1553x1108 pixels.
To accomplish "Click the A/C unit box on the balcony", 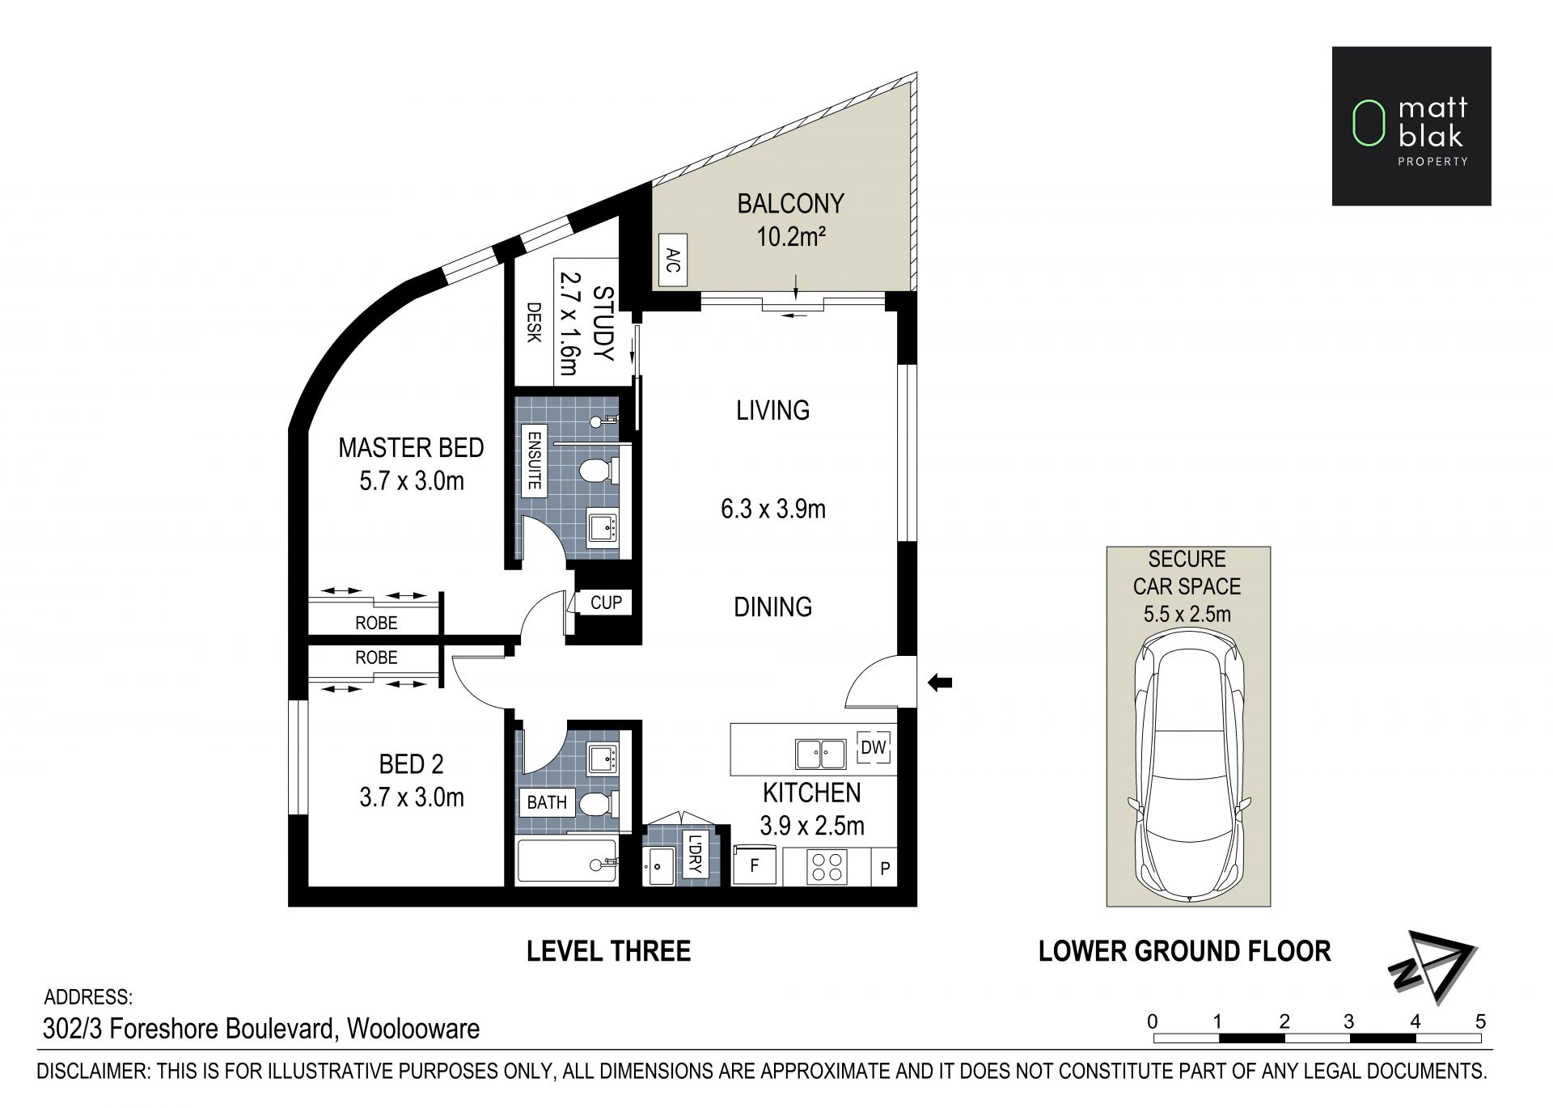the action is [673, 260].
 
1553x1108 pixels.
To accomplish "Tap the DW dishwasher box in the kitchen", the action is [874, 746].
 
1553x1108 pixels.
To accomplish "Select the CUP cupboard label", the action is [606, 603].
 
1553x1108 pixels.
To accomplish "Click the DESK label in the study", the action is [534, 322].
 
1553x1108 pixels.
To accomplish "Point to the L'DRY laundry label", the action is [695, 853].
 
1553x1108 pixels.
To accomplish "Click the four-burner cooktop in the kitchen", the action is [827, 867].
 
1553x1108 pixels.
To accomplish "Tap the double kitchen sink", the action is [820, 754].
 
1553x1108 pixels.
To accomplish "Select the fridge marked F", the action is [755, 865].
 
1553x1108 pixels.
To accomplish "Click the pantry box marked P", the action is [885, 868].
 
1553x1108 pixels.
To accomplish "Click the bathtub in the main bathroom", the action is [567, 862].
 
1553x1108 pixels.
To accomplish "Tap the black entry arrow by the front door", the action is [939, 683].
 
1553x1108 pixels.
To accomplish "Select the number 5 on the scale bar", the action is [1480, 1021].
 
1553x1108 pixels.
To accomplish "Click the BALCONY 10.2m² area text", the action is [790, 220].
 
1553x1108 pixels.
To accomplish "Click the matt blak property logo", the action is [1411, 125].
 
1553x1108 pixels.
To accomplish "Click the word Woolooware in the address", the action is [413, 1029].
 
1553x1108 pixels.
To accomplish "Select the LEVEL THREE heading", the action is [608, 951].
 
